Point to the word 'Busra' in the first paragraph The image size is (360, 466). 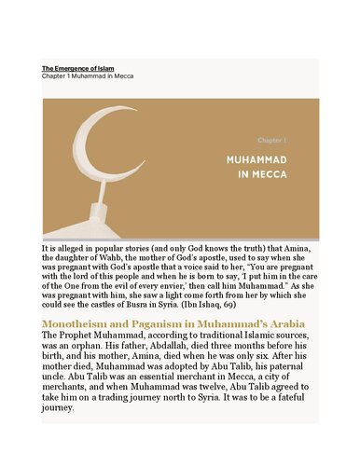click(x=145, y=306)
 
